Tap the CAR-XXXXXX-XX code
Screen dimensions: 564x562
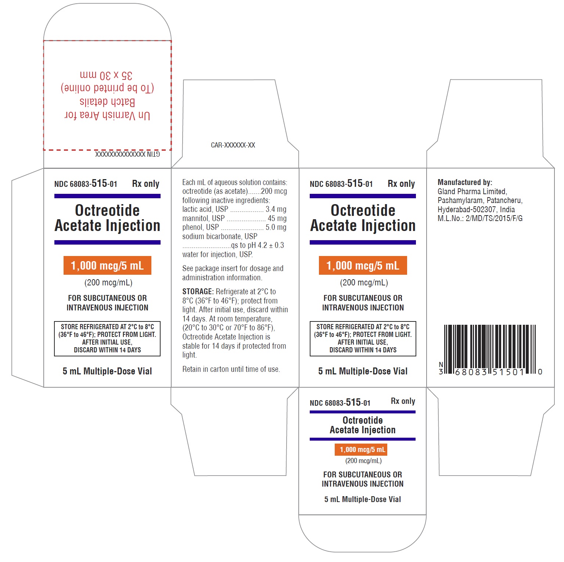tap(233, 145)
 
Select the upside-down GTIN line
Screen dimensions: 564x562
tap(127, 154)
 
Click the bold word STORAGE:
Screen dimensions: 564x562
tap(198, 292)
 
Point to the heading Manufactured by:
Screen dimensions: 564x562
tap(465, 182)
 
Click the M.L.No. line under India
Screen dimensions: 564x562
tap(480, 218)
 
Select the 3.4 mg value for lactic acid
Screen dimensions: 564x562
tap(276, 209)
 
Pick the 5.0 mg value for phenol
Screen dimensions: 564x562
tap(276, 227)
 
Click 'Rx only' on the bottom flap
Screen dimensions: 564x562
tap(403, 401)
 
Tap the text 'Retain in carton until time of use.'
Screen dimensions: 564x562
tap(231, 369)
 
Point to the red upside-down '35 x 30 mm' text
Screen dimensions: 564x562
tap(106, 75)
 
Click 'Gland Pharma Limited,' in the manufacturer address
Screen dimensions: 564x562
tap(472, 192)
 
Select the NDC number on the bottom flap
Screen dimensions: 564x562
tap(340, 402)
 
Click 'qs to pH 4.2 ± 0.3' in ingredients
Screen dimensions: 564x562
tap(258, 245)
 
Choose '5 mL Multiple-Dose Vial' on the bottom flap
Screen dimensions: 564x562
tap(363, 499)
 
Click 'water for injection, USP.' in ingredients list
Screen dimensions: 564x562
tap(218, 255)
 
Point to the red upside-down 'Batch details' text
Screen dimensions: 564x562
tap(107, 102)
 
